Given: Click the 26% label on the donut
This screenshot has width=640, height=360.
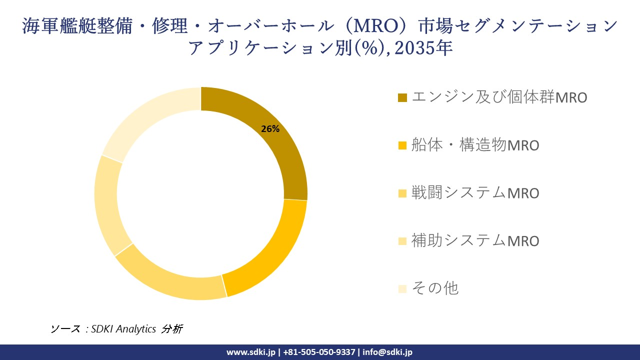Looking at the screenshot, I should (x=270, y=129).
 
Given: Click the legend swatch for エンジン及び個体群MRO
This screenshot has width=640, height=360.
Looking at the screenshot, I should (x=402, y=97).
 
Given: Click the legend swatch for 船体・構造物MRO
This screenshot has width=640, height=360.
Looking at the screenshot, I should (x=402, y=145).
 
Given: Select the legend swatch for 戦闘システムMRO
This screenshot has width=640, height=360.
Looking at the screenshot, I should (x=402, y=193).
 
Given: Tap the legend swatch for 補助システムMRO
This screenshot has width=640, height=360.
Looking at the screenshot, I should (x=402, y=241).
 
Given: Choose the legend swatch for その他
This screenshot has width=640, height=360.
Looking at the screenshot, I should (x=402, y=289).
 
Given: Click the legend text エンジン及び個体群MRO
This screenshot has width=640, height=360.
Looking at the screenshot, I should (x=499, y=97).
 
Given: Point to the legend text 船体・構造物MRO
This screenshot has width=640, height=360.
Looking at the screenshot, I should (x=475, y=145).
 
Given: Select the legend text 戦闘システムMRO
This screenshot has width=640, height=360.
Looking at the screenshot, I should (x=475, y=193).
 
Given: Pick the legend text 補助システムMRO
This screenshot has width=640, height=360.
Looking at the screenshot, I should (x=475, y=241).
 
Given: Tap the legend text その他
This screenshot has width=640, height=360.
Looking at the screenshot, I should (x=434, y=288).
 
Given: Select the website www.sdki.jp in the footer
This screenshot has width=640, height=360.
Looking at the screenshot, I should (x=250, y=352).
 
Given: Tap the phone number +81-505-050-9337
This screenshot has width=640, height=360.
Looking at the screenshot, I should (x=319, y=352).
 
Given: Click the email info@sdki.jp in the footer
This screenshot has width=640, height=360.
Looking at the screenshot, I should (x=387, y=352).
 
